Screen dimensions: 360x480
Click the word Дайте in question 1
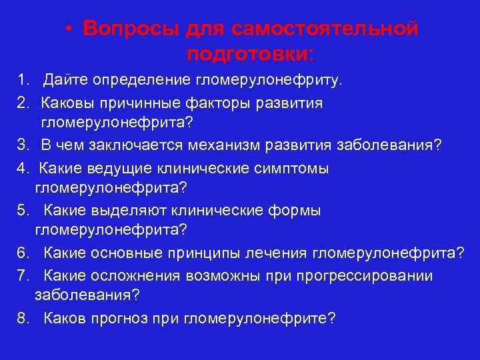pos(66,81)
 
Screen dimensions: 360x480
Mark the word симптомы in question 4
pos(294,169)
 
